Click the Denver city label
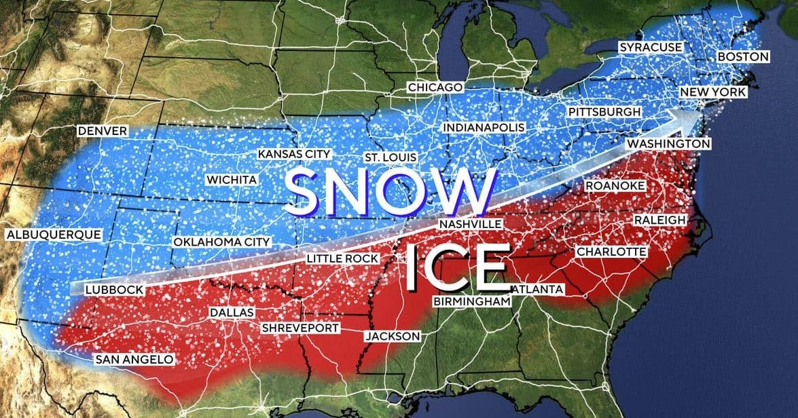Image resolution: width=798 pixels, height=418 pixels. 103,130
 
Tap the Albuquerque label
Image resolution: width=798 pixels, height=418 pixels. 54,235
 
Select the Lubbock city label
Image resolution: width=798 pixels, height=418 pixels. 115,290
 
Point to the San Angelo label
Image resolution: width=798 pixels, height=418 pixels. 134,359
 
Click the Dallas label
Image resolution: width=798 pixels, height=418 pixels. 232,312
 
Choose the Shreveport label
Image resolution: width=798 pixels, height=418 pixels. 300,328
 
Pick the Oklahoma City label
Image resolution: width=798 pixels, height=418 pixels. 222,242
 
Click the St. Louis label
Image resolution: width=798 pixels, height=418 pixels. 391,157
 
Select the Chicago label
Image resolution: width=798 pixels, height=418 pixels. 435,88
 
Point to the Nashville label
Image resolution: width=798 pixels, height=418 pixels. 470,224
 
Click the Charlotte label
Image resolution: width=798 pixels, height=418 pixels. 611,252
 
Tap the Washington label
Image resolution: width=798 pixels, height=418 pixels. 668,145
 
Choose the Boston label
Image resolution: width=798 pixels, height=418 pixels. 743,56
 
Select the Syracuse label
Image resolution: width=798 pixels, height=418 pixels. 650,47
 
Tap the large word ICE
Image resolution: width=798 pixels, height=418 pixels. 457,267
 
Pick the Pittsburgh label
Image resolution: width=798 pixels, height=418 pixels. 604,111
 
